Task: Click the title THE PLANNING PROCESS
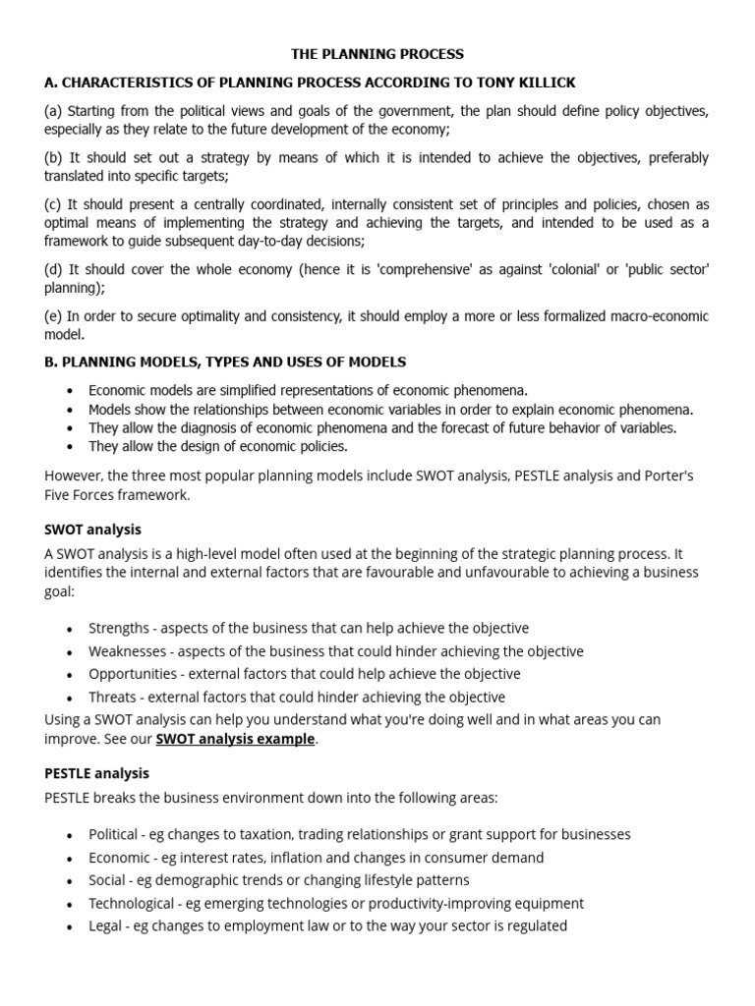[x=377, y=54]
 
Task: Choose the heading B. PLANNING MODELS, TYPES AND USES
[x=225, y=363]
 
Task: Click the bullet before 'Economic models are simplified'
[x=69, y=391]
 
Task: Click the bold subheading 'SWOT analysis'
[x=93, y=530]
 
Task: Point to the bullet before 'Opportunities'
[x=69, y=676]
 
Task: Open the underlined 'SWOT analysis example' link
[x=235, y=739]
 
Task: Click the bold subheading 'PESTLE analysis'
[x=97, y=773]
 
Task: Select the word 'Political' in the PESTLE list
[x=113, y=834]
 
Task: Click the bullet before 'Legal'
[x=69, y=927]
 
